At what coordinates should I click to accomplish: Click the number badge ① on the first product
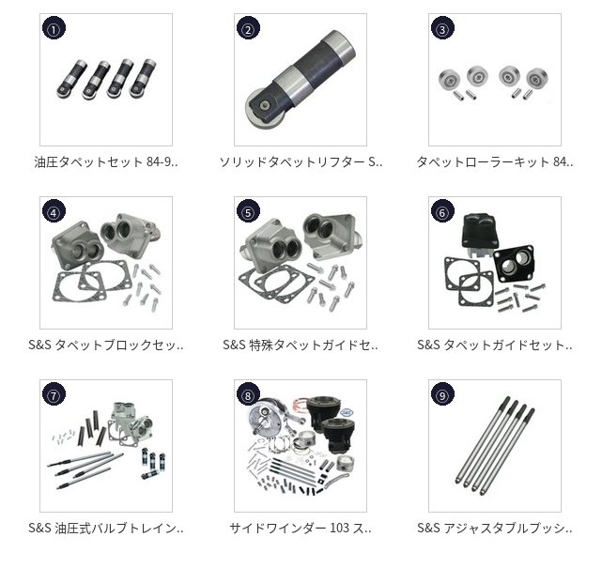click(x=54, y=28)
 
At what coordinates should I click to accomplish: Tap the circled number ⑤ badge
click(x=248, y=211)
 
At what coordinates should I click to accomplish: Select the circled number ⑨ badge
click(x=442, y=394)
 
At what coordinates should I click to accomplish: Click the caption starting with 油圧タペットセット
click(x=106, y=162)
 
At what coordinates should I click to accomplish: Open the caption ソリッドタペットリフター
click(x=301, y=162)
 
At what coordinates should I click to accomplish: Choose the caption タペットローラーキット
click(x=495, y=162)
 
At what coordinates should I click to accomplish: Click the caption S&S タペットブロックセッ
click(x=106, y=345)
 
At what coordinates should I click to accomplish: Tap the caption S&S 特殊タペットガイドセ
click(x=301, y=345)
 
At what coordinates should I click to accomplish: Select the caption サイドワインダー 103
click(x=301, y=528)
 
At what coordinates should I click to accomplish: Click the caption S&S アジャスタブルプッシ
click(x=495, y=528)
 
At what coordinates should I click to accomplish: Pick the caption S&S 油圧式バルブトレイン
click(x=106, y=528)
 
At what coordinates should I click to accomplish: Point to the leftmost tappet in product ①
click(x=71, y=80)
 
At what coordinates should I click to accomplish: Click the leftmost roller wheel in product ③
click(x=449, y=80)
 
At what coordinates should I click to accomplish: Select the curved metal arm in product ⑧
click(x=337, y=481)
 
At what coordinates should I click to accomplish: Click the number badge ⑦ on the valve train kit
click(x=54, y=394)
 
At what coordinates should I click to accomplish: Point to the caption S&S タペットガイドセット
click(x=495, y=345)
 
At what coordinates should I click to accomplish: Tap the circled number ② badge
click(x=248, y=28)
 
